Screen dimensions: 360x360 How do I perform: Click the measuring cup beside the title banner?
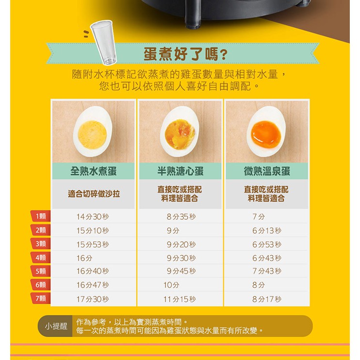[x=104, y=43]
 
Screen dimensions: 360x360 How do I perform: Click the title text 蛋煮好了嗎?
[x=185, y=54]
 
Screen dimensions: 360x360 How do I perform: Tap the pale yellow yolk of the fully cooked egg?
[x=92, y=134]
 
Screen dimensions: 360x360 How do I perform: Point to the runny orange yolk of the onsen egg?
[x=266, y=134]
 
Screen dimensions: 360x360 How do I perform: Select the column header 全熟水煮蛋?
[x=94, y=171]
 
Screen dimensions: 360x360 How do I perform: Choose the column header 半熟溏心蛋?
[x=180, y=171]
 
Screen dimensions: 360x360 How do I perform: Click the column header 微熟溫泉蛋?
[x=267, y=171]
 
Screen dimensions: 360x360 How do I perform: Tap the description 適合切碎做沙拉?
[x=94, y=194]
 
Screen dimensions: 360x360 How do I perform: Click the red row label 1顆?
[x=41, y=216]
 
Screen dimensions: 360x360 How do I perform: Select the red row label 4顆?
[x=41, y=258]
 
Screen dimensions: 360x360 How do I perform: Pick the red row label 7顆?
[x=41, y=298]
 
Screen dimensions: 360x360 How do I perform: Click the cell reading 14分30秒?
[x=93, y=216]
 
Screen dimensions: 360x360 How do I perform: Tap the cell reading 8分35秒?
[x=181, y=216]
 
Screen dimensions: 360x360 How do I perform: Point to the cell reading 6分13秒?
[x=267, y=230]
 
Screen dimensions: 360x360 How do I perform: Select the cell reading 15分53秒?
[x=93, y=245]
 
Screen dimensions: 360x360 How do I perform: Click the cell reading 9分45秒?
[x=181, y=271]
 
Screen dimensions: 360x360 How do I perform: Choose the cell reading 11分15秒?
[x=180, y=299]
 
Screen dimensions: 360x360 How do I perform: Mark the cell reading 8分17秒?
[x=267, y=299]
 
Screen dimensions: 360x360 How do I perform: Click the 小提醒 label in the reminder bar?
[x=56, y=326]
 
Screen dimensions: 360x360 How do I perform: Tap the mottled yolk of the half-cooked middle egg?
[x=180, y=134]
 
